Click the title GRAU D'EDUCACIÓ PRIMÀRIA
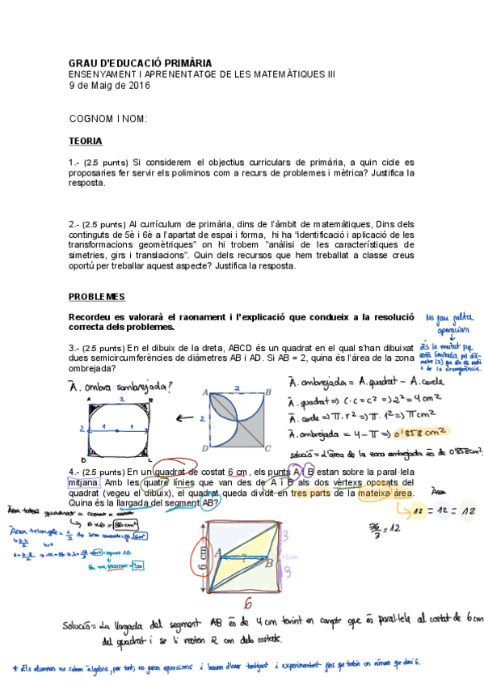(x=141, y=62)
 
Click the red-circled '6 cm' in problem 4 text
(x=237, y=472)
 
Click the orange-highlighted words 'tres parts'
(x=312, y=493)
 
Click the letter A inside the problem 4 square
(x=217, y=552)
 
